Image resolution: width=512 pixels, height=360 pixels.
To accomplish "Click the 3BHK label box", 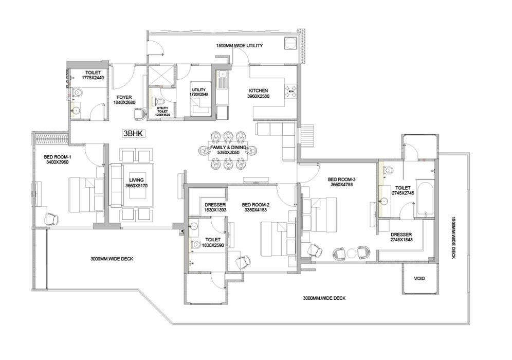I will click(133, 134).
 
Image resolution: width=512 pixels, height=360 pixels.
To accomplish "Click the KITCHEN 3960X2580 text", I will click(258, 94).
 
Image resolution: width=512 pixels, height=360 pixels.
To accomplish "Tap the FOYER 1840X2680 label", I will click(123, 99).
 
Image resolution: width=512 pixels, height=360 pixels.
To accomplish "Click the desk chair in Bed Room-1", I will click(52, 219).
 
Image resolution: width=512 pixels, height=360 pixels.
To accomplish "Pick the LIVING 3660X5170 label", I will click(136, 182).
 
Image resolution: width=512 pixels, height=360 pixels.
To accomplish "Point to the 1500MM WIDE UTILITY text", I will click(239, 46).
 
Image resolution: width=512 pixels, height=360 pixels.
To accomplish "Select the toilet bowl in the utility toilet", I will click(158, 101).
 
